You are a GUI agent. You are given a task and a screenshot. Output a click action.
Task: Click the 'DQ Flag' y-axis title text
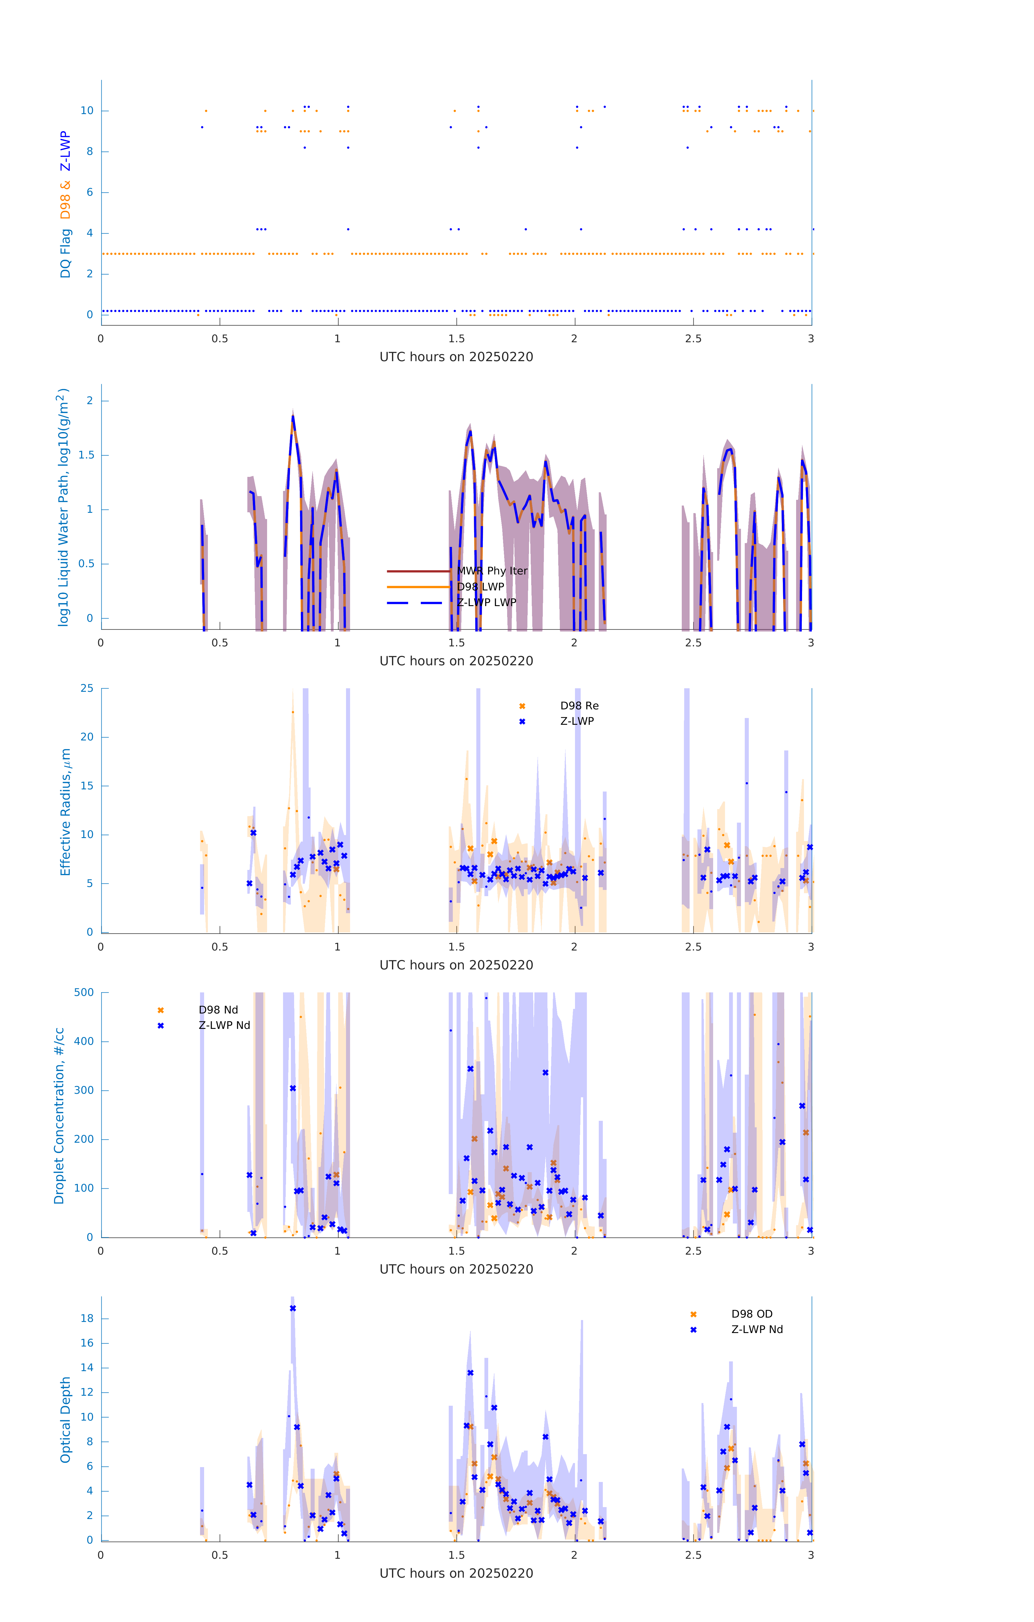click(65, 253)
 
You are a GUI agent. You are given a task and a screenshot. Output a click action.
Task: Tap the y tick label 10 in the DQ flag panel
click(87, 111)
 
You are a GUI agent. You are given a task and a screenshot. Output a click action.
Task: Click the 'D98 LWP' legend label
click(480, 587)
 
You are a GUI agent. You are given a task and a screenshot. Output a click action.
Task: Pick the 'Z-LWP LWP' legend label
click(486, 602)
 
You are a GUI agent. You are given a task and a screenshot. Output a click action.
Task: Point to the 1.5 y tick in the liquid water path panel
click(86, 455)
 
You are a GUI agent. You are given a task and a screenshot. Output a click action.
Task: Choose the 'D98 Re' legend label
click(579, 706)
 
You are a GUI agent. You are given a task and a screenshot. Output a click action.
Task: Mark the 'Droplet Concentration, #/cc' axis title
click(59, 1115)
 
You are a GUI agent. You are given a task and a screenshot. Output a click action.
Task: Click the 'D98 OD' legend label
click(752, 1314)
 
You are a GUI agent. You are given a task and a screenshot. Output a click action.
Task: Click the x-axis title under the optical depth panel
click(456, 1574)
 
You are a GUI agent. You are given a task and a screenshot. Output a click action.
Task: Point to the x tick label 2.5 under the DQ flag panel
click(693, 339)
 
